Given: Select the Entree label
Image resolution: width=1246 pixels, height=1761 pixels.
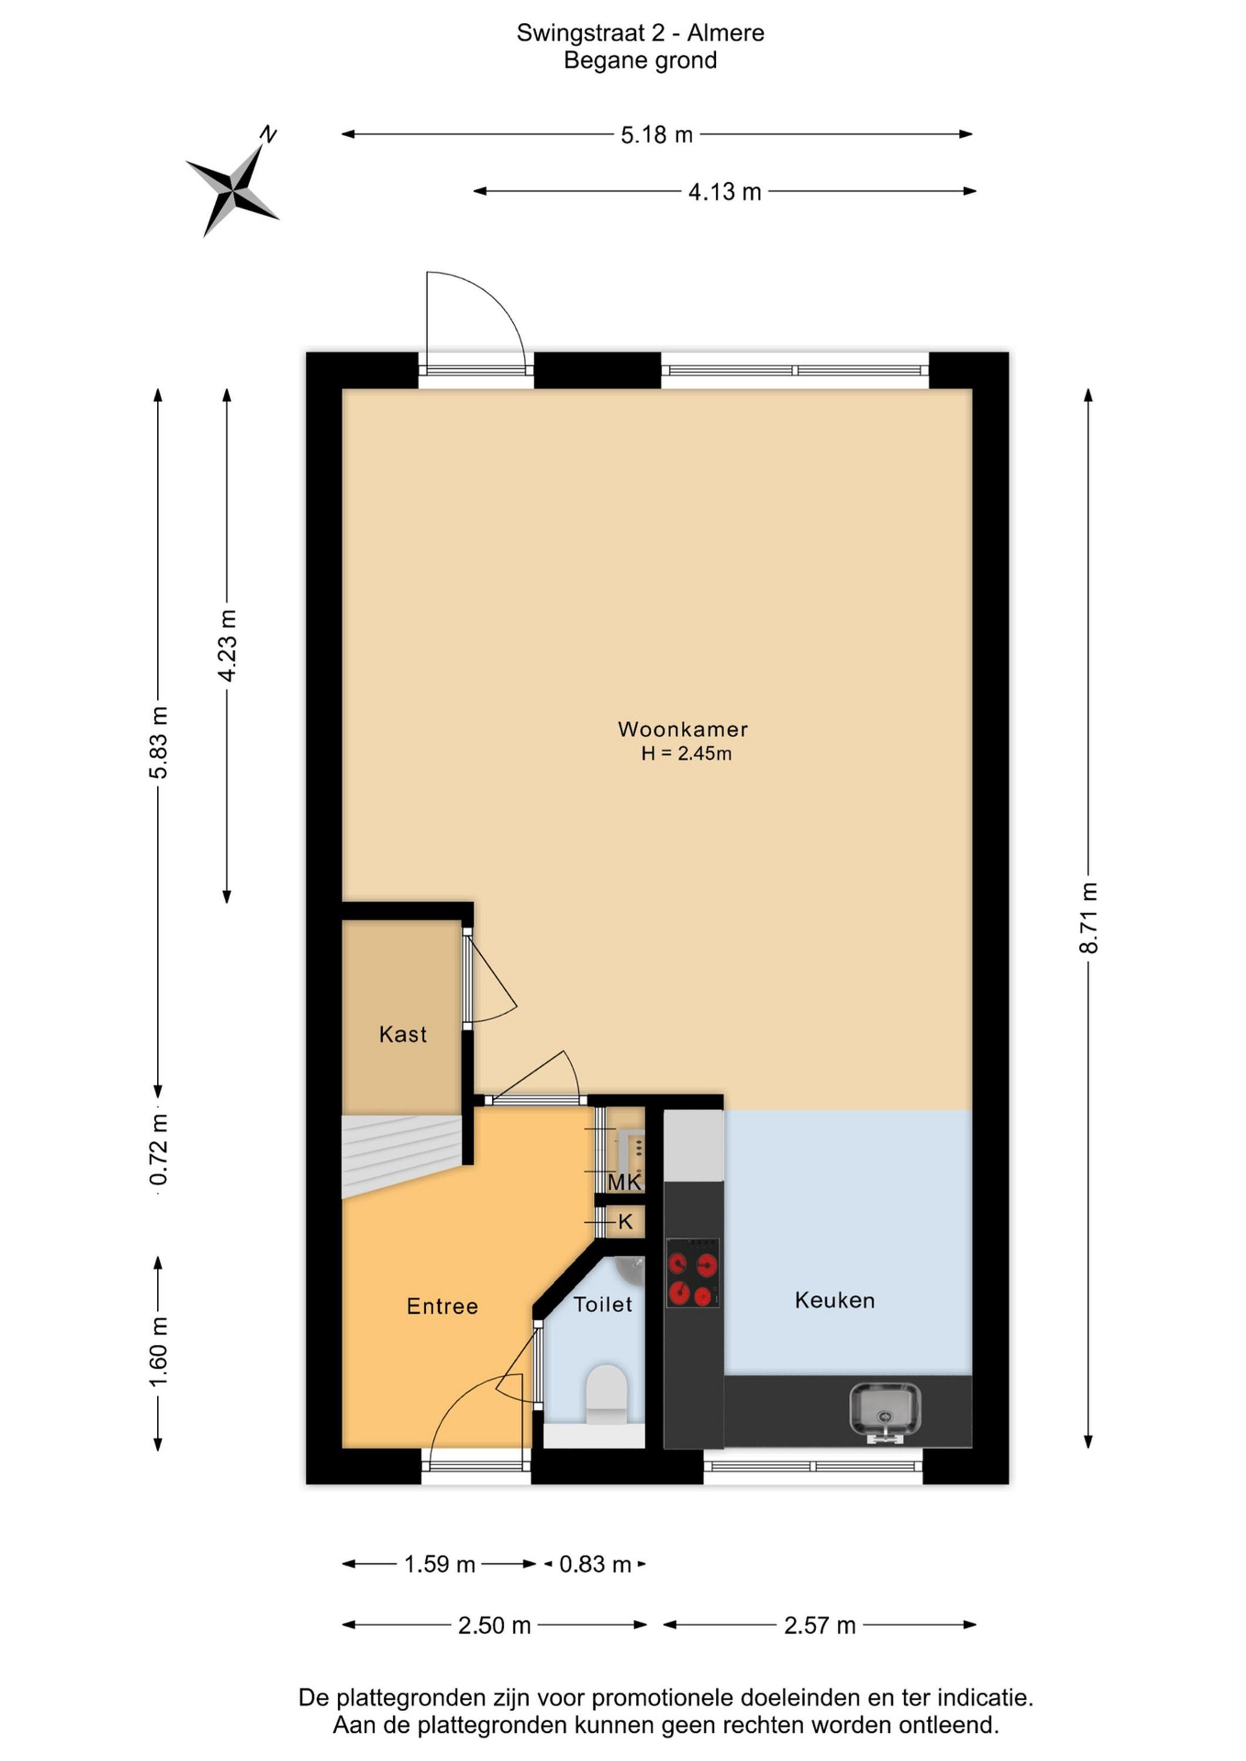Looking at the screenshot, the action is (442, 1306).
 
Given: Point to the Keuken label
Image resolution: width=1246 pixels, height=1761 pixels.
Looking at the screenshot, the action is (835, 1300).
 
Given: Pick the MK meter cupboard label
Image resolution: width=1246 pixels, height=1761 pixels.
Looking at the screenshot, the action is (624, 1182).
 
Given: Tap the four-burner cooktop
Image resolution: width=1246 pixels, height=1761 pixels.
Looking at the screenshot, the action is (692, 1273).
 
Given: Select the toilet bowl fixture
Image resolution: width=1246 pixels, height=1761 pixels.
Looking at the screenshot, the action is (606, 1394).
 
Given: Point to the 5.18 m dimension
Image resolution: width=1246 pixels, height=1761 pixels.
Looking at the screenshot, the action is (656, 135).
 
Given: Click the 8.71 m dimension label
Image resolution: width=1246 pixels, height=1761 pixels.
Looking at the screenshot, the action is (1089, 918).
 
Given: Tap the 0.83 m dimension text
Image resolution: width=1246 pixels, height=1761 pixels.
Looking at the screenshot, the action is (595, 1564).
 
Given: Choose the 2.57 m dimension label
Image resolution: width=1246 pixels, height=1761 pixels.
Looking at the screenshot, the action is (820, 1625).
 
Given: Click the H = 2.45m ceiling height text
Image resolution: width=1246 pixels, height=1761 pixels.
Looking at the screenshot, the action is (686, 753).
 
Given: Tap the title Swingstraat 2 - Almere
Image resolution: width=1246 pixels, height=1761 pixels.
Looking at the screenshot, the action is (640, 33).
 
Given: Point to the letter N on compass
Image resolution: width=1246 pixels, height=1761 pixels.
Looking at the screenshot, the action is (268, 135).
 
